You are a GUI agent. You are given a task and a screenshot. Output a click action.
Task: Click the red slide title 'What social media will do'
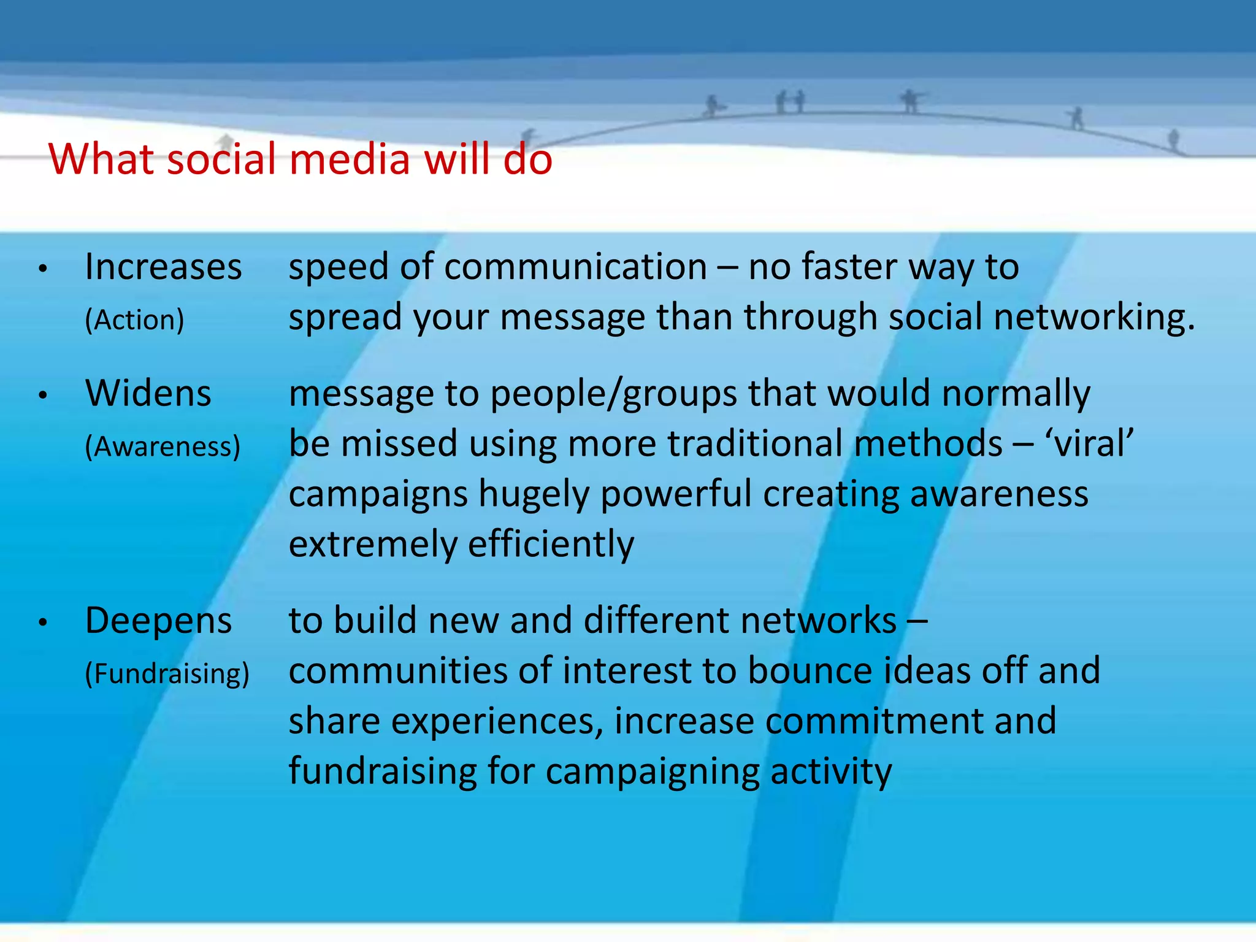pos(301,159)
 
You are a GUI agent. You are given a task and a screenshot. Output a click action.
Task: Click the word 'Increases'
pos(163,267)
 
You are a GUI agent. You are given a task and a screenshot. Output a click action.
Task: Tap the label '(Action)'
pos(134,320)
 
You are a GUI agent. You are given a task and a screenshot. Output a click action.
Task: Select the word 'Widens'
pos(148,393)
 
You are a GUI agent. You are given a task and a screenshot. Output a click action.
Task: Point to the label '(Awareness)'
pos(163,446)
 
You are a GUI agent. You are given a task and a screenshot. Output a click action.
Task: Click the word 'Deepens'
pos(158,621)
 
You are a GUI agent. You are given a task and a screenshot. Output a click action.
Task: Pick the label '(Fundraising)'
pos(167,673)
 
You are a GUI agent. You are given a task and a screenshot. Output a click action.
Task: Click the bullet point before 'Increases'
pos(42,269)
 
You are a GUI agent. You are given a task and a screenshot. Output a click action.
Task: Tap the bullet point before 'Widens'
pos(42,395)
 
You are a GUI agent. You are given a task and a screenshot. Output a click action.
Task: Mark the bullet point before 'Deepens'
pos(42,622)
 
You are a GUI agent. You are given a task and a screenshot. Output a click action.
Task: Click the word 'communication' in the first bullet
pos(576,267)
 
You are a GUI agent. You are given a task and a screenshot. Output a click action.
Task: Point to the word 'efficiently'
pos(551,545)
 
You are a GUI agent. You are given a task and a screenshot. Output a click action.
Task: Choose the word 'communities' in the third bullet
pos(398,670)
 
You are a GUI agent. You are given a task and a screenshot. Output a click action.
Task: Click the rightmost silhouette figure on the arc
pos(1173,140)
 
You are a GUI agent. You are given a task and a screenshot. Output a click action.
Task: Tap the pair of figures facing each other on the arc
pos(790,102)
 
